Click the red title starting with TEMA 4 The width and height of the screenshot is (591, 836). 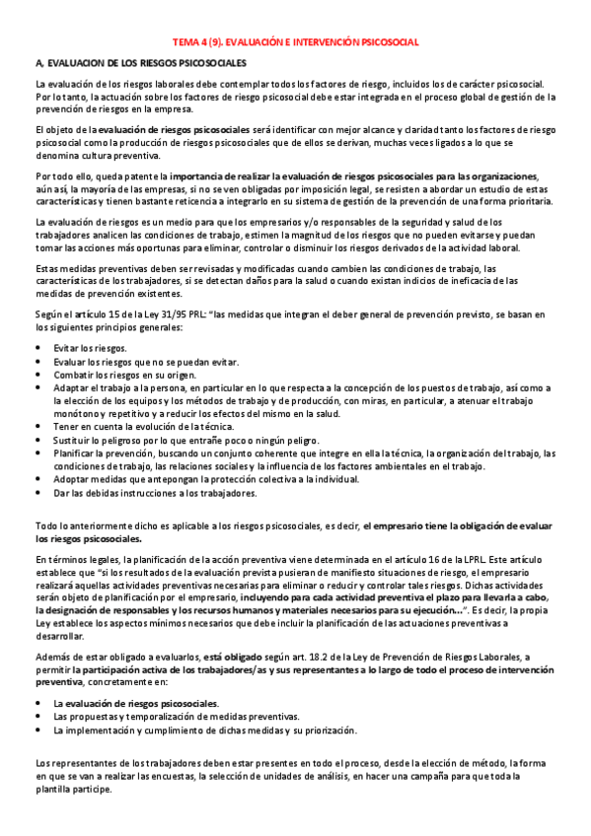(x=296, y=42)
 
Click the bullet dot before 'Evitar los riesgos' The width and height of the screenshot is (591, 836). (x=37, y=348)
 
